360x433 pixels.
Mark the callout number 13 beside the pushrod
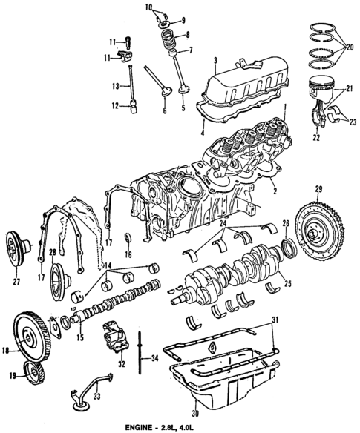click(x=116, y=86)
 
